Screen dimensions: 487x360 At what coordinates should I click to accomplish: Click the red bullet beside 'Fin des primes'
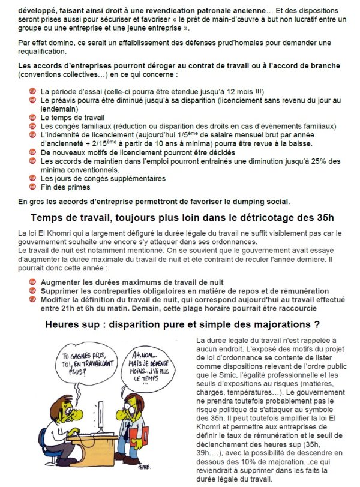click(33, 187)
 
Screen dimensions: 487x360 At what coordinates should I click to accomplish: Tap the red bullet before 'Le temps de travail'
click(33, 118)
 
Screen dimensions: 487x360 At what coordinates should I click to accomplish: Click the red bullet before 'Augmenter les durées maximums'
click(33, 282)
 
